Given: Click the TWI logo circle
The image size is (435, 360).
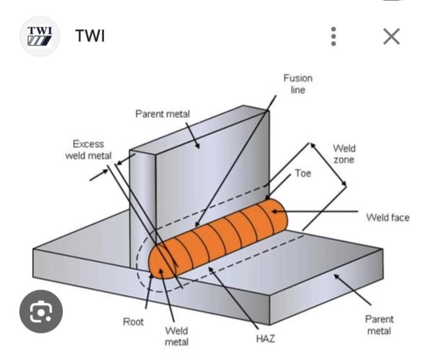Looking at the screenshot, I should (x=40, y=36).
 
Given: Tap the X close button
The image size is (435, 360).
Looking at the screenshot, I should (x=391, y=37).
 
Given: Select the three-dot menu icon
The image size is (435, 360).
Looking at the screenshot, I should (x=333, y=37).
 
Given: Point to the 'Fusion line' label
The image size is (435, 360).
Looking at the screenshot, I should (x=298, y=84).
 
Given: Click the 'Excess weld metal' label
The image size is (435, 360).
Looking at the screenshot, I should (x=88, y=150).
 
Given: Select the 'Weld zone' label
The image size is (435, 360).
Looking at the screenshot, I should (x=344, y=154).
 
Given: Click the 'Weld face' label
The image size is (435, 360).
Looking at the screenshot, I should (x=387, y=217).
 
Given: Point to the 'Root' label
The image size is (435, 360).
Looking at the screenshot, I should (x=134, y=321).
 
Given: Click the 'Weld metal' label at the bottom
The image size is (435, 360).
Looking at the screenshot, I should (x=176, y=336).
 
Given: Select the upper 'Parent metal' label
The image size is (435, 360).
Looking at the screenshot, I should (x=163, y=114).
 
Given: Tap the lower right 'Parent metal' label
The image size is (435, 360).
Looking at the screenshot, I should (x=379, y=325).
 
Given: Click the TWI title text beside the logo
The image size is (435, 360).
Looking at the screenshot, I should (x=90, y=36).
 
